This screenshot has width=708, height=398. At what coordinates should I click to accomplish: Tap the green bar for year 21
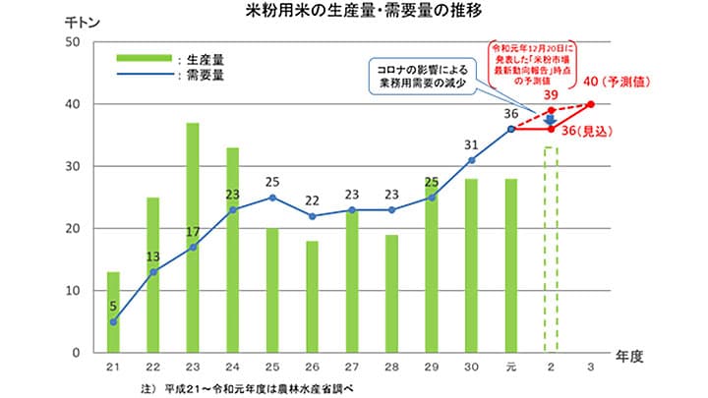pos(113,312)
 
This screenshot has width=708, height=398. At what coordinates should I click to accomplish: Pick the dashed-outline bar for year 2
pos(551,250)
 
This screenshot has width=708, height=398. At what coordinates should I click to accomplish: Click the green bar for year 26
pos(312,296)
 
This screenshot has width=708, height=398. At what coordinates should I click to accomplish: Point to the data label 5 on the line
pos(113,306)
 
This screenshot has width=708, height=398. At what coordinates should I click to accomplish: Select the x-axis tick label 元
pos(511,367)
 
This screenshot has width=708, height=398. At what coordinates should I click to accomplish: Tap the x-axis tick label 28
pos(391,367)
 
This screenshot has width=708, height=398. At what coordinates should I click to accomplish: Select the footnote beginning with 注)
pos(246,388)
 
